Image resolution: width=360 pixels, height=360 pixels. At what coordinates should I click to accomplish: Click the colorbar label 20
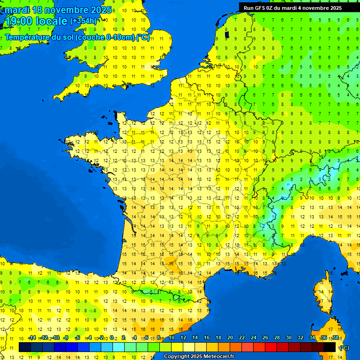(230, 337)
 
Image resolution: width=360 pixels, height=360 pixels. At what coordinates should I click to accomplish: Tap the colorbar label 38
(335, 337)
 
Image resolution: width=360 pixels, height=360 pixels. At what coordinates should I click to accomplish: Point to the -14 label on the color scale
(32, 337)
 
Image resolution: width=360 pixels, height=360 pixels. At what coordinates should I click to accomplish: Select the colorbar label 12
(183, 337)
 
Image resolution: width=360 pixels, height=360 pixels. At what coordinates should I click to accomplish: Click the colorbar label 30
(288, 337)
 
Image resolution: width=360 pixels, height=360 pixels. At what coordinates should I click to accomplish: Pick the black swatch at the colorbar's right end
(330, 347)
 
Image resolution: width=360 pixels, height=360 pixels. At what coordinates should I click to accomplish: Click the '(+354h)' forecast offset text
(83, 21)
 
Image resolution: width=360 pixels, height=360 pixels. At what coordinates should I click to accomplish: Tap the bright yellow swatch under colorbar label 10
(177, 347)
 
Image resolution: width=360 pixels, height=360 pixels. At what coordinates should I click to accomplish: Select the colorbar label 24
(254, 337)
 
